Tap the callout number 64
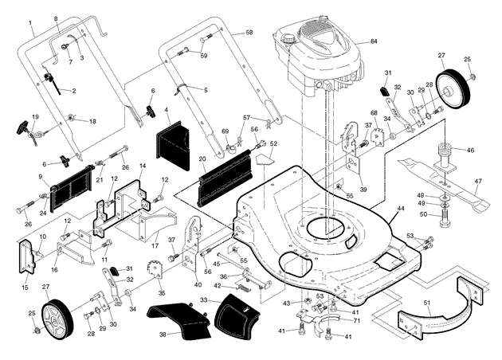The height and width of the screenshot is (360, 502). (x=374, y=41)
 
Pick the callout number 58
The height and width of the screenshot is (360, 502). (x=249, y=32)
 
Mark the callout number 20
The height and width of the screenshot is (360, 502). (x=202, y=159)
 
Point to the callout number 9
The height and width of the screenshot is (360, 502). (x=39, y=176)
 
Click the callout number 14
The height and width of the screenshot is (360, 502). (x=142, y=166)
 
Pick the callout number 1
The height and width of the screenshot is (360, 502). (x=31, y=24)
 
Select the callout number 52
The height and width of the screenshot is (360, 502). (x=273, y=144)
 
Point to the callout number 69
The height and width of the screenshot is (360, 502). (x=226, y=131)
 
